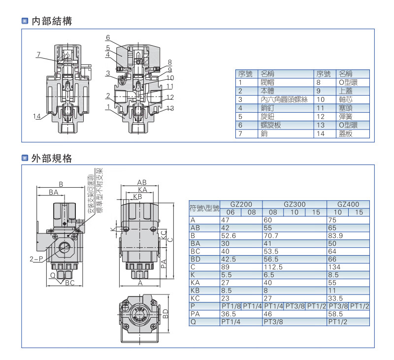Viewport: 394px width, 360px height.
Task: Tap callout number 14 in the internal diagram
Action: click(37, 116)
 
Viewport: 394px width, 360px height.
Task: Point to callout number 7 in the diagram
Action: click(38, 55)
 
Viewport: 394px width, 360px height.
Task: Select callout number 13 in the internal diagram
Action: click(170, 108)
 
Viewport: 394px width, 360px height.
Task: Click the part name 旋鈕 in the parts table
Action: click(267, 116)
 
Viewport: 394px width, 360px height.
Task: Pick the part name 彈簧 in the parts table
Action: click(346, 116)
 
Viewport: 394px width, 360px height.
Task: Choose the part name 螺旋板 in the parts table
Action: click(270, 125)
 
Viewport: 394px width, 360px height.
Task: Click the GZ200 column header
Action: click(241, 204)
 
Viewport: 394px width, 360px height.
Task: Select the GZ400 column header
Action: click(348, 204)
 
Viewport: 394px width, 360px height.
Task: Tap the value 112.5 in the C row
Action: click(273, 267)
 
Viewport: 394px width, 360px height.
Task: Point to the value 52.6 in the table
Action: click(229, 235)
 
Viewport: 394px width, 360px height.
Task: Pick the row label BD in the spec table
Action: click(196, 259)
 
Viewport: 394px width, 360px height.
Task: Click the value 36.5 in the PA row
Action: click(228, 314)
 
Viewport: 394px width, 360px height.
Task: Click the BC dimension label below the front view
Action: click(69, 283)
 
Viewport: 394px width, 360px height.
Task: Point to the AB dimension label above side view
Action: click(142, 182)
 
